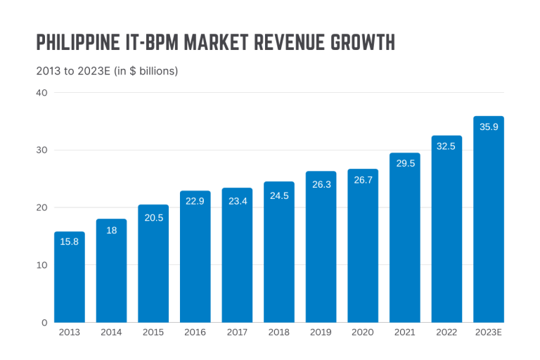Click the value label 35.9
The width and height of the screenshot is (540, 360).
click(489, 127)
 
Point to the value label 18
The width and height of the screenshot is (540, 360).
click(111, 231)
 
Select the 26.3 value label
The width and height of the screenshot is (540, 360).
click(321, 184)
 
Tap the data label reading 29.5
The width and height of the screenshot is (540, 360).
click(404, 163)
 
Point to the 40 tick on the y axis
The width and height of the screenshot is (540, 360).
click(41, 93)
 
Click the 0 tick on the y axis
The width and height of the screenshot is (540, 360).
click(44, 322)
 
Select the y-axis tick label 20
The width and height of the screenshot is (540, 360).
click(41, 207)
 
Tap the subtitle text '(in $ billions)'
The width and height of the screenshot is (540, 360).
click(146, 71)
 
